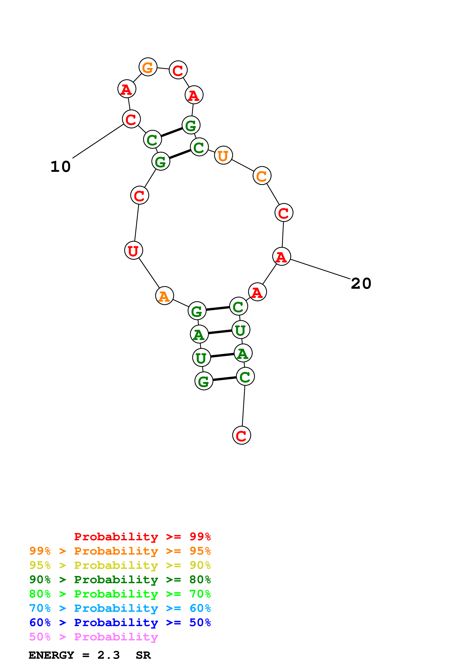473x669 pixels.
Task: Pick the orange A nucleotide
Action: [164, 296]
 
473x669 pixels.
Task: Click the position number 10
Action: [61, 167]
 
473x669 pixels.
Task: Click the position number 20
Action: [361, 284]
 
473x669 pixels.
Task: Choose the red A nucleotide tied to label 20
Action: [281, 257]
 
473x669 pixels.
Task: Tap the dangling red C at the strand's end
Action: [241, 435]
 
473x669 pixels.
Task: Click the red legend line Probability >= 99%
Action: [142, 536]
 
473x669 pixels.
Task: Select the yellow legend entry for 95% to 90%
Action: [120, 565]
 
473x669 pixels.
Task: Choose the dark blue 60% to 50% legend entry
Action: [120, 622]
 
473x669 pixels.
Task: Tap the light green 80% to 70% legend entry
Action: [120, 594]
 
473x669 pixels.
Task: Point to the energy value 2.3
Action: [108, 655]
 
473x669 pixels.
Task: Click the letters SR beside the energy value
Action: [143, 655]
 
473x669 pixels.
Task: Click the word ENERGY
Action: [51, 655]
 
